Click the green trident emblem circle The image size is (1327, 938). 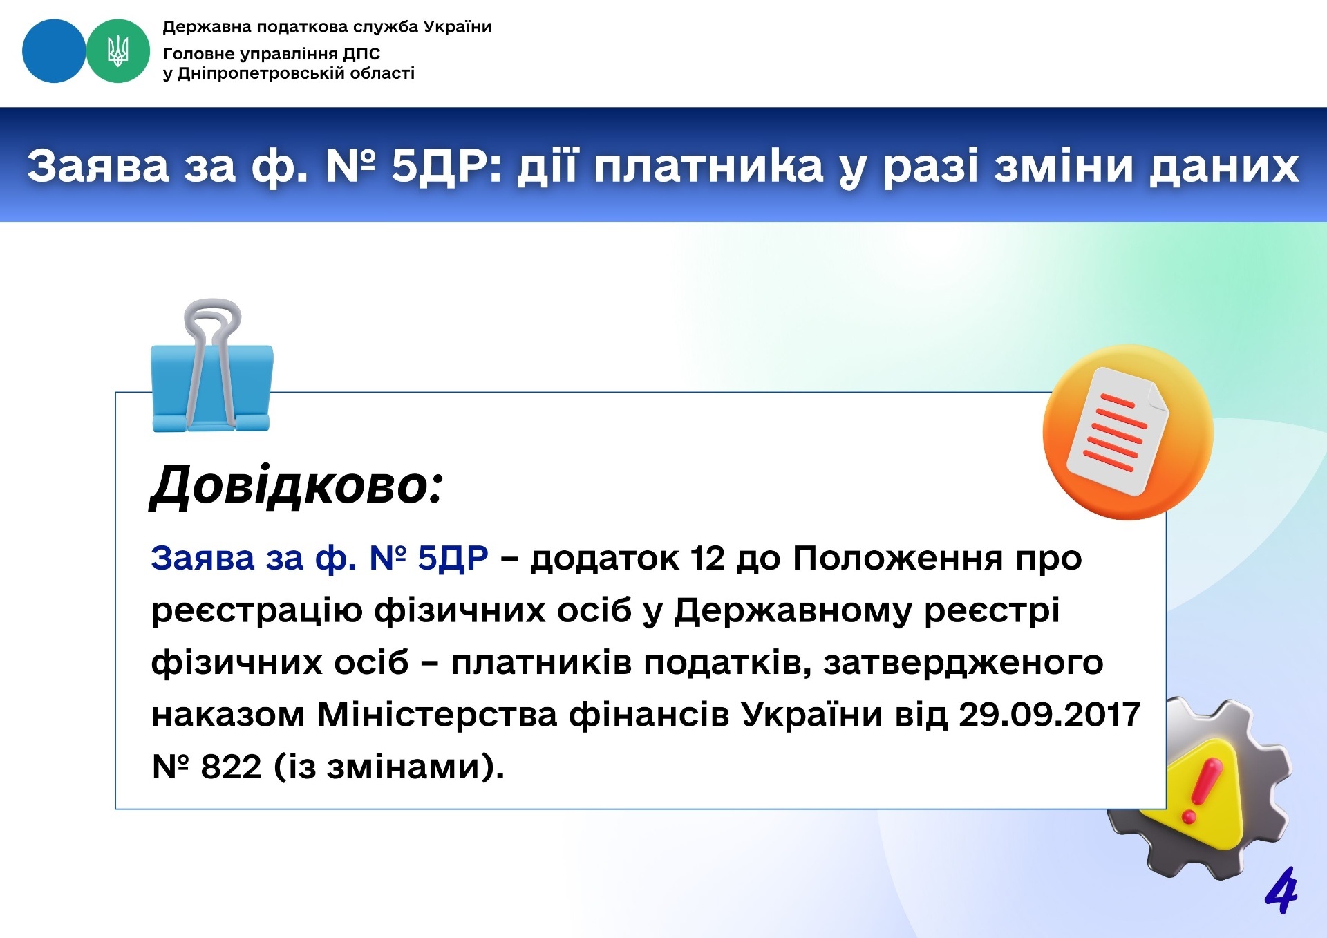coord(117,51)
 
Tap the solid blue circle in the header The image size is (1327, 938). coord(54,51)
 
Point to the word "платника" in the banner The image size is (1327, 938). coord(709,167)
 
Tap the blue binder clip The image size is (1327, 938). coord(212,366)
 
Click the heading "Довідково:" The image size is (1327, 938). coord(297,486)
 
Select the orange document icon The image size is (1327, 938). coord(1128,432)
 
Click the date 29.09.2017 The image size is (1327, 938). coord(1050,715)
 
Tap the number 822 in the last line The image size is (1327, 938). coord(232,767)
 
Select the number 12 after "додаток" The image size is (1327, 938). coord(707,558)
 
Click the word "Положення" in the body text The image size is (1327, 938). coord(898,558)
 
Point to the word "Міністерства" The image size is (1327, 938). coord(437,715)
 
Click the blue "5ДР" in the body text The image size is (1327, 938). coord(453,558)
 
